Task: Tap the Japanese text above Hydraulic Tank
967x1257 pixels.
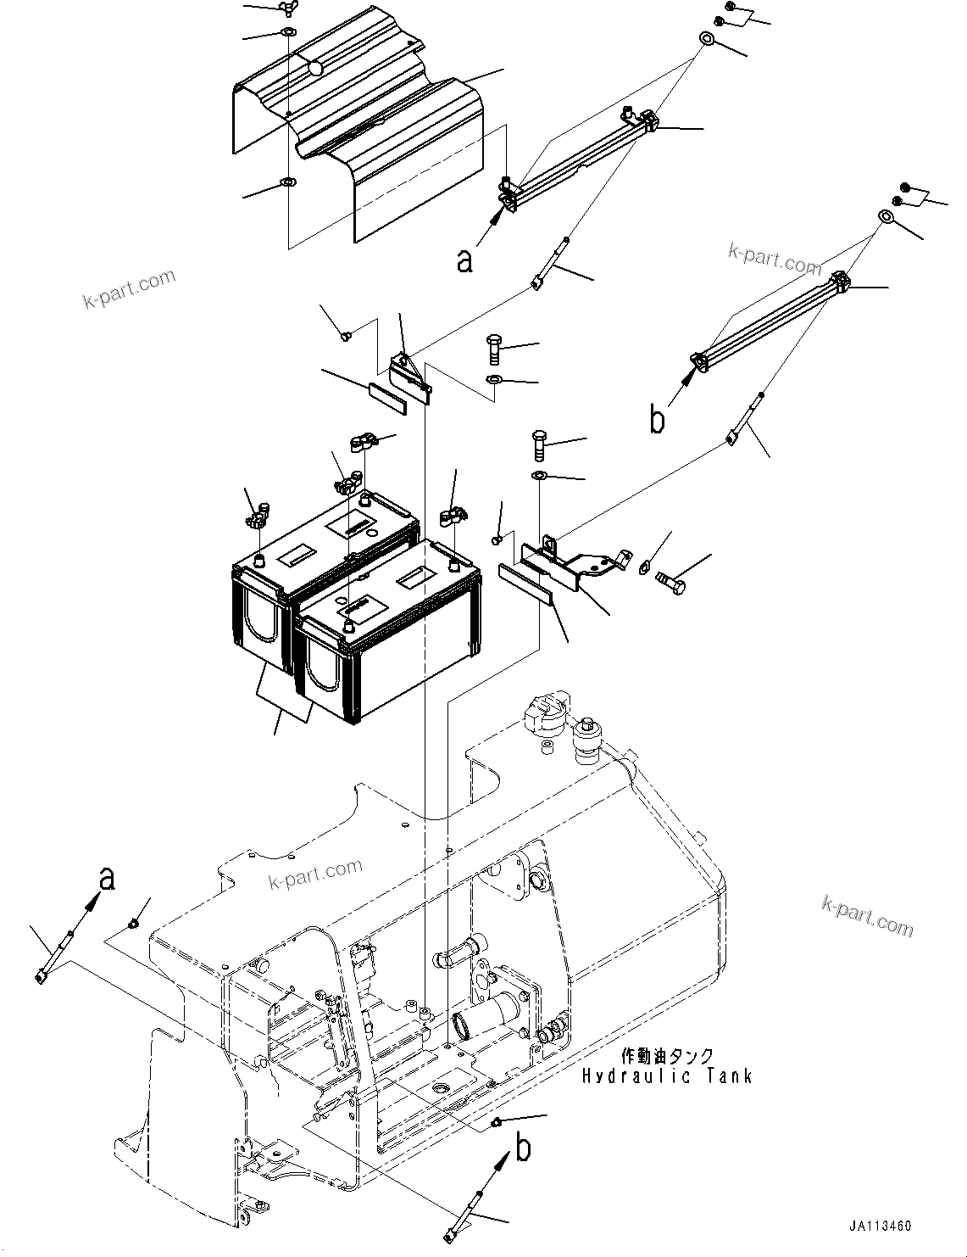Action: click(x=666, y=1056)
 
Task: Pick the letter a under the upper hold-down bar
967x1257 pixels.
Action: click(x=464, y=260)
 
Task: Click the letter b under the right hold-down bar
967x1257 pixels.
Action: click(x=657, y=419)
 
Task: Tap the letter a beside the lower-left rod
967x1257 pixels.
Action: click(x=107, y=880)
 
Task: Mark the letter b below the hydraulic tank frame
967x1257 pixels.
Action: click(x=525, y=1149)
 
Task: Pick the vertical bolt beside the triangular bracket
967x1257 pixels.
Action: click(x=495, y=348)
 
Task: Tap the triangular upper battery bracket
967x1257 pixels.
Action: click(x=408, y=372)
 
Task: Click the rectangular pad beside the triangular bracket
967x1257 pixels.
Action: click(x=387, y=397)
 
